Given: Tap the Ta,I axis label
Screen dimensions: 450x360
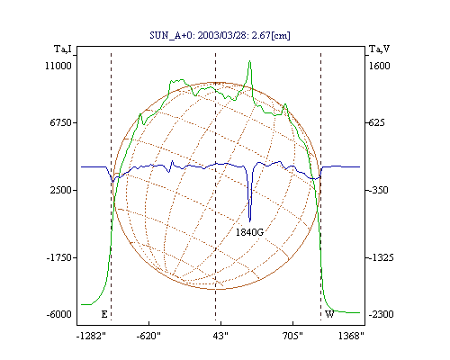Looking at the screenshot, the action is [63, 49].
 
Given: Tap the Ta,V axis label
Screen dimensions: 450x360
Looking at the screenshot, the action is [379, 49].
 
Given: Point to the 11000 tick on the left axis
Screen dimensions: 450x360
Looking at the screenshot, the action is [58, 66].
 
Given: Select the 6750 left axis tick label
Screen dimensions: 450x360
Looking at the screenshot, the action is [61, 122].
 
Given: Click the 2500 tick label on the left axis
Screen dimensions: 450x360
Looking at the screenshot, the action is [61, 190].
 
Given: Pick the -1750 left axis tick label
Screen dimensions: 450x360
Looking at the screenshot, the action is [59, 257].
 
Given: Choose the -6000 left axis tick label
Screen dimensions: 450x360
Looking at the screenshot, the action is [59, 314].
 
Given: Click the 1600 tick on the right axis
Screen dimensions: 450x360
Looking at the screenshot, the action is [379, 66].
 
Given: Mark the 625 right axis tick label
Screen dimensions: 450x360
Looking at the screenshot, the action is [376, 122].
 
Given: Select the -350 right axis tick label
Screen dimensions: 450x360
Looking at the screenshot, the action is [378, 190].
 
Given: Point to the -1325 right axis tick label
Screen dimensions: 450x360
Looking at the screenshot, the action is [381, 257].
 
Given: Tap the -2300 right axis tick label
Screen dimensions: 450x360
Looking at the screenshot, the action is [381, 314].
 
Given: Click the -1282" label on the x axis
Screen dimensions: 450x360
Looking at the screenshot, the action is [91, 336].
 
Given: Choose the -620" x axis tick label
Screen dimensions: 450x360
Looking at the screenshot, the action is [148, 336].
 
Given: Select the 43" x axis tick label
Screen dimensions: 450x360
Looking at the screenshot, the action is [220, 336].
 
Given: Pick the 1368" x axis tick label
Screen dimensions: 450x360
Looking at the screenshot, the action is [351, 336].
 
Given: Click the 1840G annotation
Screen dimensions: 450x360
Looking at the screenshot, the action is [249, 232].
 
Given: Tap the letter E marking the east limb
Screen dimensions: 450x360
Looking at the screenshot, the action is [104, 314].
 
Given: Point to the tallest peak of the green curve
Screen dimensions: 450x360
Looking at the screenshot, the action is [249, 61].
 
